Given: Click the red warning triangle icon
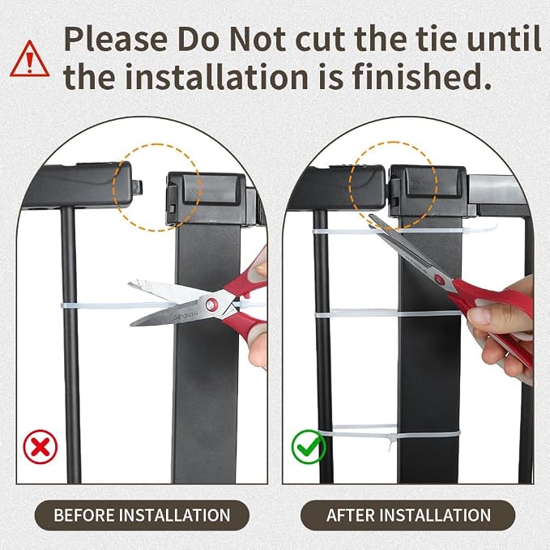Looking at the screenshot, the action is click(29, 60).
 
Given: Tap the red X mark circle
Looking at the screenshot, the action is click(41, 447).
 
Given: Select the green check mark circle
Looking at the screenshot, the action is click(309, 447).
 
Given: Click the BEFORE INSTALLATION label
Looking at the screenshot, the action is click(142, 515).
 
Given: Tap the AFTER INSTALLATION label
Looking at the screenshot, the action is click(408, 515).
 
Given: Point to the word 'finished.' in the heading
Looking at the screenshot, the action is click(421, 77).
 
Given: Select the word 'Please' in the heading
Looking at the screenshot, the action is click(116, 39).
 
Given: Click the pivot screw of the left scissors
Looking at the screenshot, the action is click(211, 304).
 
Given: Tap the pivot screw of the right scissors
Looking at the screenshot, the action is click(438, 279).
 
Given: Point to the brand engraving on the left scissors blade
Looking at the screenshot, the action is click(185, 315).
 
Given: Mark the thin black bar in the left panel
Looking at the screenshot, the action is click(71, 345).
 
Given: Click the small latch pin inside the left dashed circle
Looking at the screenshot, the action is click(139, 186).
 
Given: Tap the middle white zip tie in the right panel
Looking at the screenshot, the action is click(387, 313).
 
